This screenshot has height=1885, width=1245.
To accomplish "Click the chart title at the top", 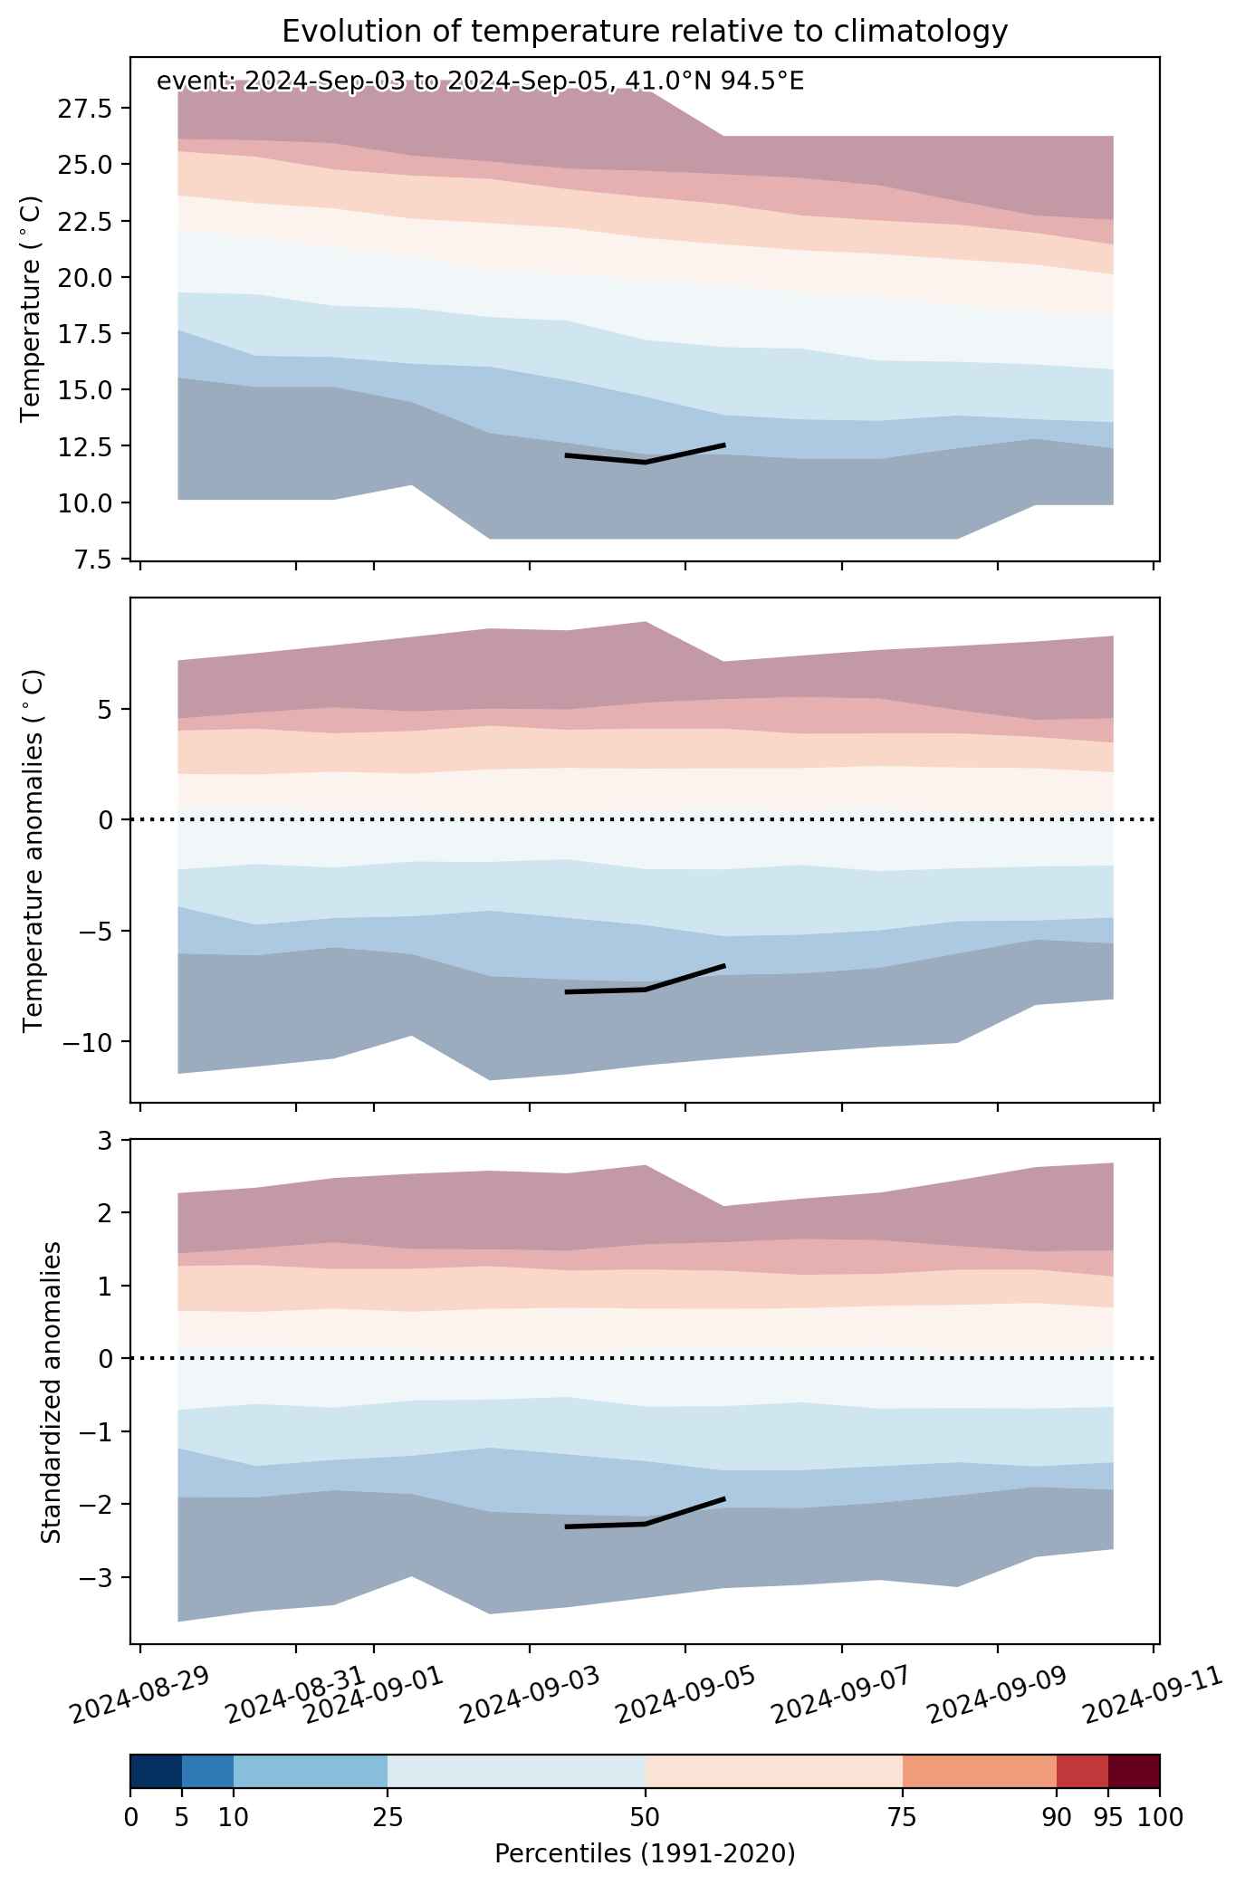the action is pyautogui.click(x=645, y=32).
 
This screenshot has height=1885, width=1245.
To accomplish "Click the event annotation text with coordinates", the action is pyautogui.click(x=480, y=81).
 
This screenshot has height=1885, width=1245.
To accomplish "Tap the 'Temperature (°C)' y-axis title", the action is pyautogui.click(x=32, y=308).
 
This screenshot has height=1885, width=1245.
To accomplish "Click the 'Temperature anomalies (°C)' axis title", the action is pyautogui.click(x=32, y=850).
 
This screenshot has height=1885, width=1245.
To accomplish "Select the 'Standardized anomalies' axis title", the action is pyautogui.click(x=52, y=1392).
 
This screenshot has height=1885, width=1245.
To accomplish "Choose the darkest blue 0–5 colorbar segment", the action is pyautogui.click(x=156, y=1771).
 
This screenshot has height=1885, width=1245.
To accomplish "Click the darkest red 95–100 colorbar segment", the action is pyautogui.click(x=1134, y=1771).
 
